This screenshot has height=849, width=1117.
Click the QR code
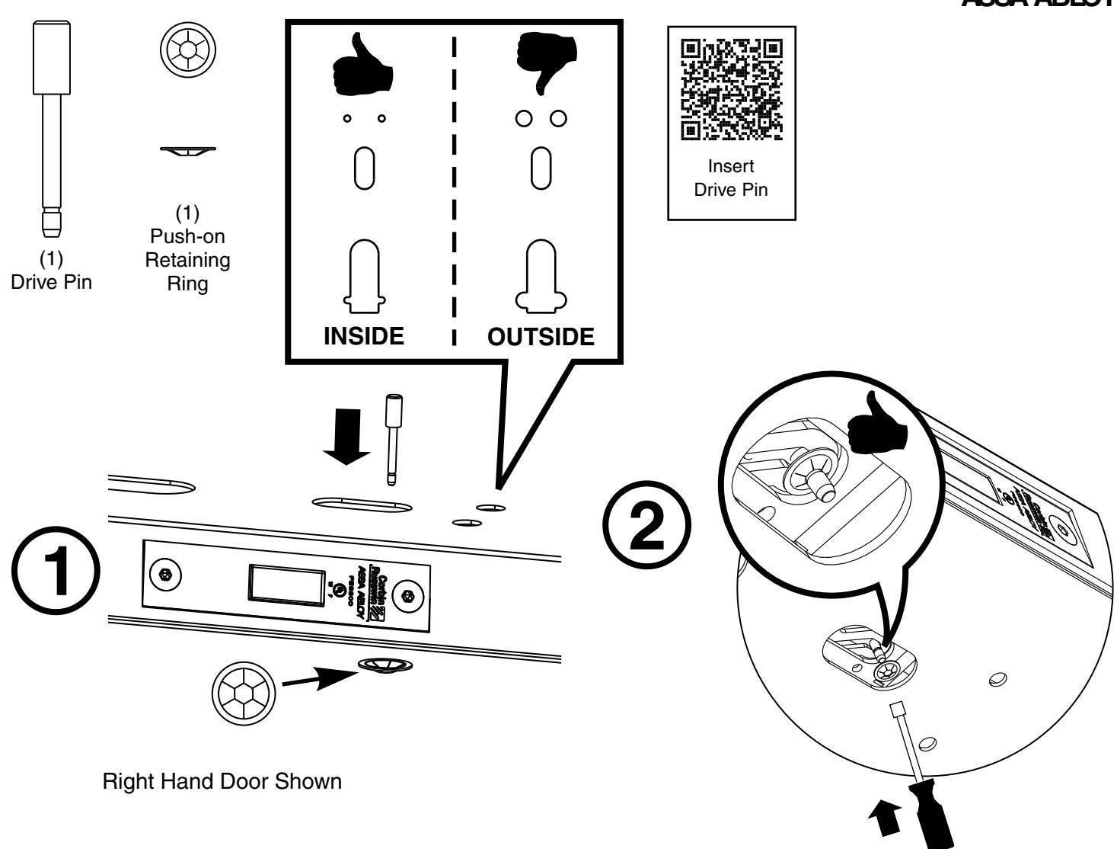[731, 91]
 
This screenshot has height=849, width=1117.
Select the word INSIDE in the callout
[364, 336]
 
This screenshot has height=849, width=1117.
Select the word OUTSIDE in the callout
[541, 336]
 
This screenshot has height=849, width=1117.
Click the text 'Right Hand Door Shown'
[222, 783]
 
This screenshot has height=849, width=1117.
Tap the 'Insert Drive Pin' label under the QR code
[731, 178]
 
